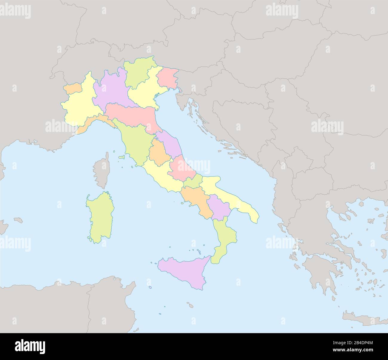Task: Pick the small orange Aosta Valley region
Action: [x=73, y=88]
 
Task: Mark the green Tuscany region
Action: [x=134, y=143]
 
